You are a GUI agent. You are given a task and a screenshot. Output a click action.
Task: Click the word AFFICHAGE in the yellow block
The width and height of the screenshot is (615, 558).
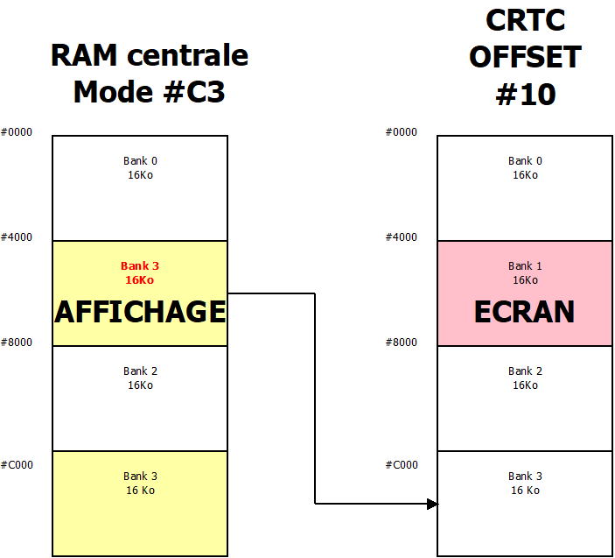point(140,312)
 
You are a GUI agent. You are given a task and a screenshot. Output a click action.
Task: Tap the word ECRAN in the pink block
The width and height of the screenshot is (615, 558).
point(524,312)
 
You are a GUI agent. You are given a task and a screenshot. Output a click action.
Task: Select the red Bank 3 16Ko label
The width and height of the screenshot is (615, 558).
point(140,272)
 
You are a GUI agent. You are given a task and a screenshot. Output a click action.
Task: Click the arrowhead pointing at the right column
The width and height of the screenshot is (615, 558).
point(431,504)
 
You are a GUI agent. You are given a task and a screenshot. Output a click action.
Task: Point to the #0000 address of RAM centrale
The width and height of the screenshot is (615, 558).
point(17,132)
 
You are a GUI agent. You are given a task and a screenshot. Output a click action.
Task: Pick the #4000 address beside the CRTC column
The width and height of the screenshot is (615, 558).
point(402,237)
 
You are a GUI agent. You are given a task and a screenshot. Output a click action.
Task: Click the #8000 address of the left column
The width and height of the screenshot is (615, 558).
point(17,343)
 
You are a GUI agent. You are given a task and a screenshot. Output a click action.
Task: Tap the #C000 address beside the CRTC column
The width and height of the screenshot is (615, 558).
point(402,465)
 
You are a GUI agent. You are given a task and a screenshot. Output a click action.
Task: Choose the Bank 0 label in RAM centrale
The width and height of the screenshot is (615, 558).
point(140,167)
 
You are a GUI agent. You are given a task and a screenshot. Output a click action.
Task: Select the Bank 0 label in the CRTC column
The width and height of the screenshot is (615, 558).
point(525,167)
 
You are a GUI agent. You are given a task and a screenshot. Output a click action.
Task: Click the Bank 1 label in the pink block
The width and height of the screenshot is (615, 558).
point(525,272)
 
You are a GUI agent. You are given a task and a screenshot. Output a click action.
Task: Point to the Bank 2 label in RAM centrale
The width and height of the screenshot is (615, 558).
point(140,378)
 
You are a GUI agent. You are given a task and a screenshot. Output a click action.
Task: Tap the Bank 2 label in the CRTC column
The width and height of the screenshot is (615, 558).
point(525,378)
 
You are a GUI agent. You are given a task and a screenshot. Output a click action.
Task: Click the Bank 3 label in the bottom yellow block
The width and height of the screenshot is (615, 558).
point(140,483)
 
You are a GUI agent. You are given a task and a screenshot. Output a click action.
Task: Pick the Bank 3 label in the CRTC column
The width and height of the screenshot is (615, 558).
point(525,483)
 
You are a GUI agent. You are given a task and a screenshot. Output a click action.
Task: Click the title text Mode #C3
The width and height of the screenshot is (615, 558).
point(149,92)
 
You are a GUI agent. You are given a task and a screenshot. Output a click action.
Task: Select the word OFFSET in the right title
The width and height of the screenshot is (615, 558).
point(525,58)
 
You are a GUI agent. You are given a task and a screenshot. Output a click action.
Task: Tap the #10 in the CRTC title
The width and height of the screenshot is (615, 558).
point(525,94)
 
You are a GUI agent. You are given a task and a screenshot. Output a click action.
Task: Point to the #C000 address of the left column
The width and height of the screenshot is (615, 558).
point(17,465)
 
